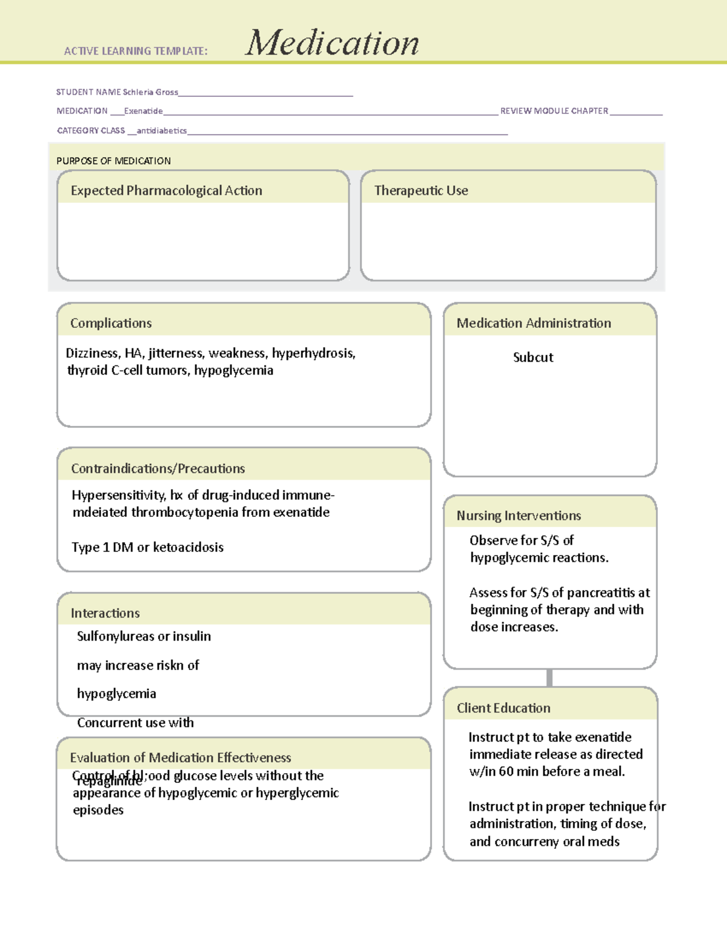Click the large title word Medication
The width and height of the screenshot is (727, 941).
332,43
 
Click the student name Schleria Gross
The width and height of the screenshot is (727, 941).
150,92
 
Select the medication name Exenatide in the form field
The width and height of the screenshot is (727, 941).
144,111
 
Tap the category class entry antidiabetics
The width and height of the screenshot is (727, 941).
162,130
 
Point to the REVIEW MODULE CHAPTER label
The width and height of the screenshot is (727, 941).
554,111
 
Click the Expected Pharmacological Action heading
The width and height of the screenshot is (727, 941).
166,190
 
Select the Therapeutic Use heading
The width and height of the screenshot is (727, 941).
421,190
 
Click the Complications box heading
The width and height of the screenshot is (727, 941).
111,323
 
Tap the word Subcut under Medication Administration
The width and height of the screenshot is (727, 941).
533,357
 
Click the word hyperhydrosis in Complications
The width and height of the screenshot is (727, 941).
313,353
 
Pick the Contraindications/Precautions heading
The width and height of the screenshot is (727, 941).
158,468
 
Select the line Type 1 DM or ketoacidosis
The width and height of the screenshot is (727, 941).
147,547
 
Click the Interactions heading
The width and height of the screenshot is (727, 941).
105,613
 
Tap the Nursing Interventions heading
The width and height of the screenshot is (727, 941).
519,516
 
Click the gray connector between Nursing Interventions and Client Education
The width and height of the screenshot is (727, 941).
549,678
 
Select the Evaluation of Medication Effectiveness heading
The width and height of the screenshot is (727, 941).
181,757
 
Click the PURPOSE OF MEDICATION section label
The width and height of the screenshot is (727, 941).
113,161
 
